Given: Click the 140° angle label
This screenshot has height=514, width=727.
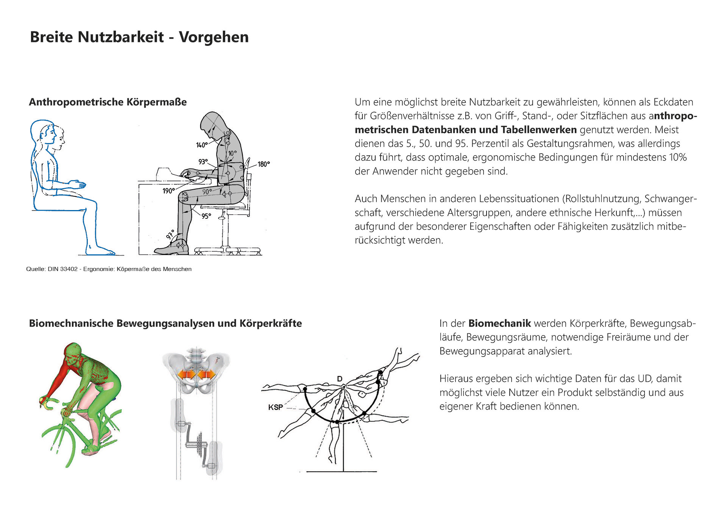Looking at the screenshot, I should click(x=202, y=145).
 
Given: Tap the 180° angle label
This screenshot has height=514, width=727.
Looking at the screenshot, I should click(x=264, y=164).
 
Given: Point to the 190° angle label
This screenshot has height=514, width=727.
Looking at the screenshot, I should click(x=168, y=191).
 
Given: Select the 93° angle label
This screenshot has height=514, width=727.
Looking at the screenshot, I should click(x=203, y=162).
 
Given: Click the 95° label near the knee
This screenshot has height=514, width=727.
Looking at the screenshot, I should click(x=206, y=216).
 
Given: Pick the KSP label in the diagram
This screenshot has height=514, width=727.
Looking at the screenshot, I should click(x=275, y=407).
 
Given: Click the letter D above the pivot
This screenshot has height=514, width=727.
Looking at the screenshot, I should click(x=340, y=379).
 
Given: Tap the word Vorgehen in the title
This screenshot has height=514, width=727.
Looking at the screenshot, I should click(x=214, y=37).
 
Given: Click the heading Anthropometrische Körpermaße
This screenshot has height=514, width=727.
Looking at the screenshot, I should click(x=108, y=102).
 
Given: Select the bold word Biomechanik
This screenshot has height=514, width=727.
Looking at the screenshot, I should click(x=499, y=323).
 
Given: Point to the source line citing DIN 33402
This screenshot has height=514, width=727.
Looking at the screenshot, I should click(x=109, y=269).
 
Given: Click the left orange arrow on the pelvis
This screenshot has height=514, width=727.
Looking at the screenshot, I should click(x=187, y=374).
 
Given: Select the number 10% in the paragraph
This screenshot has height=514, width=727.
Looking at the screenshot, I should click(x=678, y=157).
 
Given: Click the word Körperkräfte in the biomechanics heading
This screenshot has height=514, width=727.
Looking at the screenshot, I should click(x=271, y=323).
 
